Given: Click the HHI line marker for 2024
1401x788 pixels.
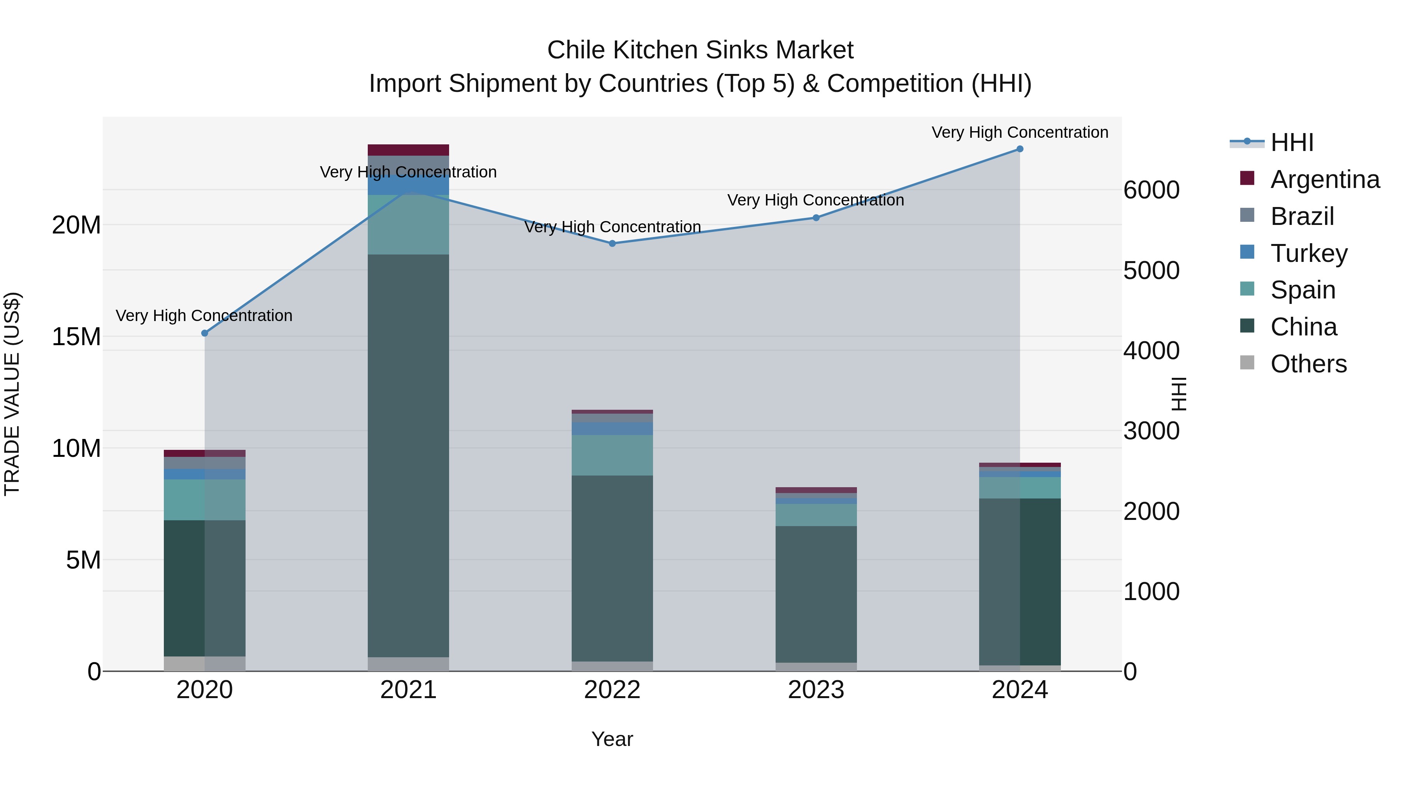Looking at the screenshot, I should [x=1020, y=149].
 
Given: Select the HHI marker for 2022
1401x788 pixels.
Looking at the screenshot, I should [x=613, y=244].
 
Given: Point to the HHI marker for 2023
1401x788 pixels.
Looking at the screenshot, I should [x=816, y=218].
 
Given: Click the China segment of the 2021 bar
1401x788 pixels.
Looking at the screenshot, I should [x=409, y=456].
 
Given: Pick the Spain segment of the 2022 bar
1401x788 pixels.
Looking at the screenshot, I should [x=613, y=455].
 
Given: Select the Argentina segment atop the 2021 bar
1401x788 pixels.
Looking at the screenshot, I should [x=409, y=150].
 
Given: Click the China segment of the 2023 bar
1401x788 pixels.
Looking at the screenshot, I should [x=816, y=594].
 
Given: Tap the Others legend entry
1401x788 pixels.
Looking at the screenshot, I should [x=1308, y=364].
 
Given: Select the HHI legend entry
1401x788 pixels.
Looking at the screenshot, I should [x=1292, y=142].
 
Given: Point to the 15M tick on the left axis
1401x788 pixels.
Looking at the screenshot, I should [x=76, y=337].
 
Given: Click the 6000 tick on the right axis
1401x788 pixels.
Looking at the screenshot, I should [x=1152, y=190].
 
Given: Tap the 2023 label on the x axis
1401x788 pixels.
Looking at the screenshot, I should [x=816, y=690].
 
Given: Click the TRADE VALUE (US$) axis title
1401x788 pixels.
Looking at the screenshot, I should [x=12, y=394].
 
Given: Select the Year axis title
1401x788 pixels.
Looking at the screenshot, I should [x=613, y=739].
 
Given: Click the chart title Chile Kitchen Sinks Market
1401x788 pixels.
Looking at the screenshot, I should [x=700, y=50].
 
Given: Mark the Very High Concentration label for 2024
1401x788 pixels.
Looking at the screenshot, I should [x=1020, y=132].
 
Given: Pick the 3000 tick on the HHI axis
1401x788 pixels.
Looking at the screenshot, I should [x=1152, y=431].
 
